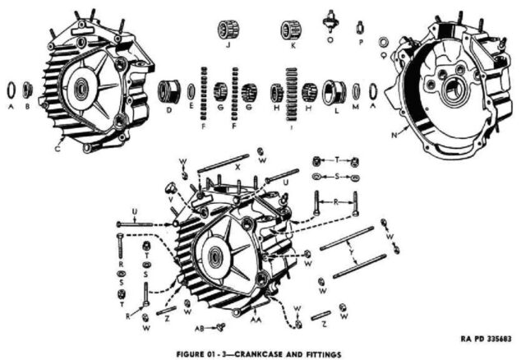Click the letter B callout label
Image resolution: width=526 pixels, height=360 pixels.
point(30,106)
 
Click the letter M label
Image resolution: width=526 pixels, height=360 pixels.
point(356,107)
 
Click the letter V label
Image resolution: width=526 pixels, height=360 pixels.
point(171,198)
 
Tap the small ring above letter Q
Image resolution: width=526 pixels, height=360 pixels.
point(384,40)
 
